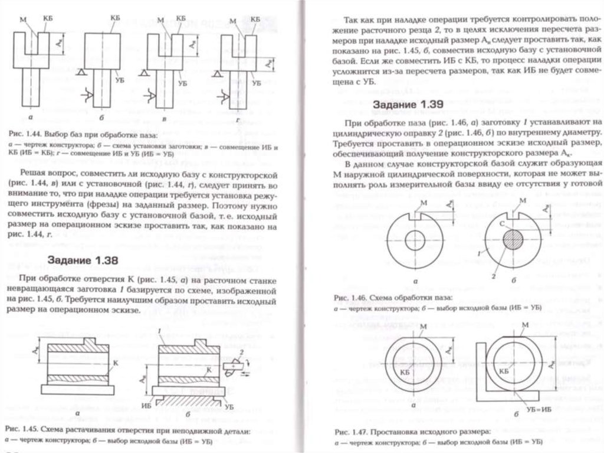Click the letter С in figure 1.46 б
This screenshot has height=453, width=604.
coord(501,224)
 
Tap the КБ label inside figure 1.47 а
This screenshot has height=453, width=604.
coord(405,371)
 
